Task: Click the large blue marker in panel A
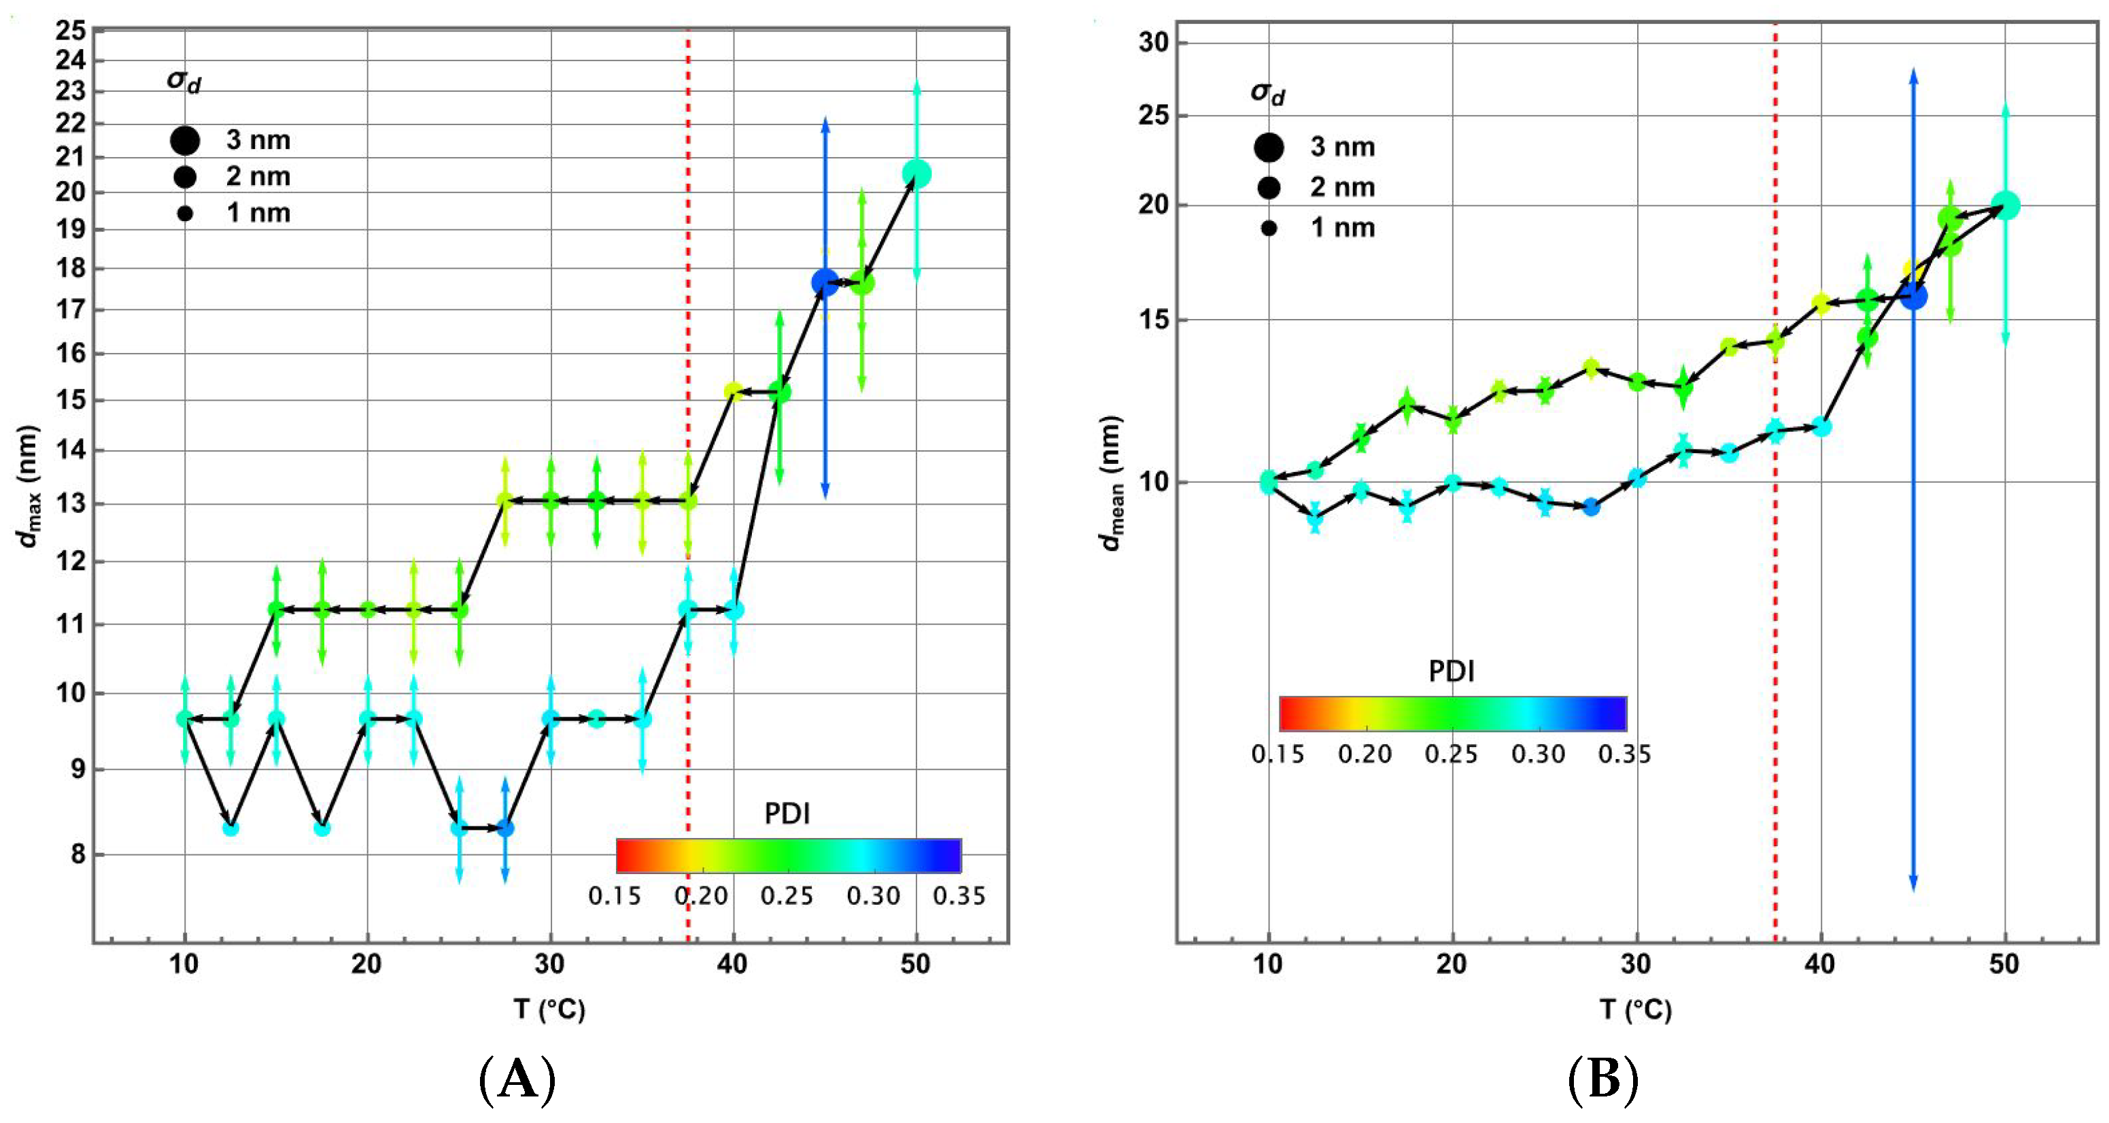point(825,282)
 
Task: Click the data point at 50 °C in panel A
point(916,173)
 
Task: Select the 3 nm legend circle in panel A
point(185,140)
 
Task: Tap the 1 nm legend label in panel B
point(1343,228)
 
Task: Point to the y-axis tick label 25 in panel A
point(71,31)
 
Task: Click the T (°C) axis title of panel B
point(1635,1009)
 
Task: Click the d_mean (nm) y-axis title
point(1111,483)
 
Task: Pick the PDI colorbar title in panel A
point(787,814)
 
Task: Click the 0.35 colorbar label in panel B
point(1624,754)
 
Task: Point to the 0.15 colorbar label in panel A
point(614,896)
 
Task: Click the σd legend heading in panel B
point(1267,93)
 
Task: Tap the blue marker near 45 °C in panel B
point(1913,296)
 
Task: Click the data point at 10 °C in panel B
point(1268,482)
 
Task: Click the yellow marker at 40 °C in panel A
point(733,392)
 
